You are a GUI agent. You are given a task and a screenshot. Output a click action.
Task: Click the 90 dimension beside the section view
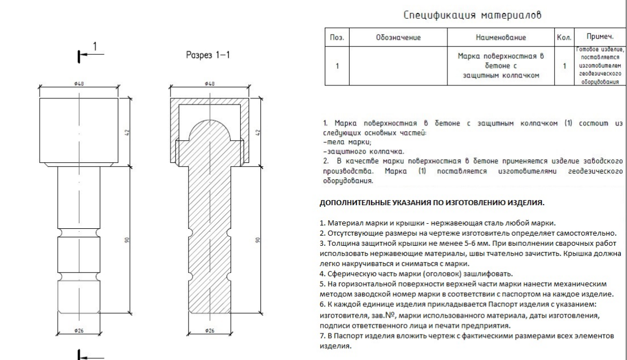point(258,240)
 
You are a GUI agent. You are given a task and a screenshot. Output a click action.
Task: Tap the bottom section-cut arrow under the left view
point(84,354)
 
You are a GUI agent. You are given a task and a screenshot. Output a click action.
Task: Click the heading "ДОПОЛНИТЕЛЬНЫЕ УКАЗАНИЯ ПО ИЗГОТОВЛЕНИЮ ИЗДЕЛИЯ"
point(433,202)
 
